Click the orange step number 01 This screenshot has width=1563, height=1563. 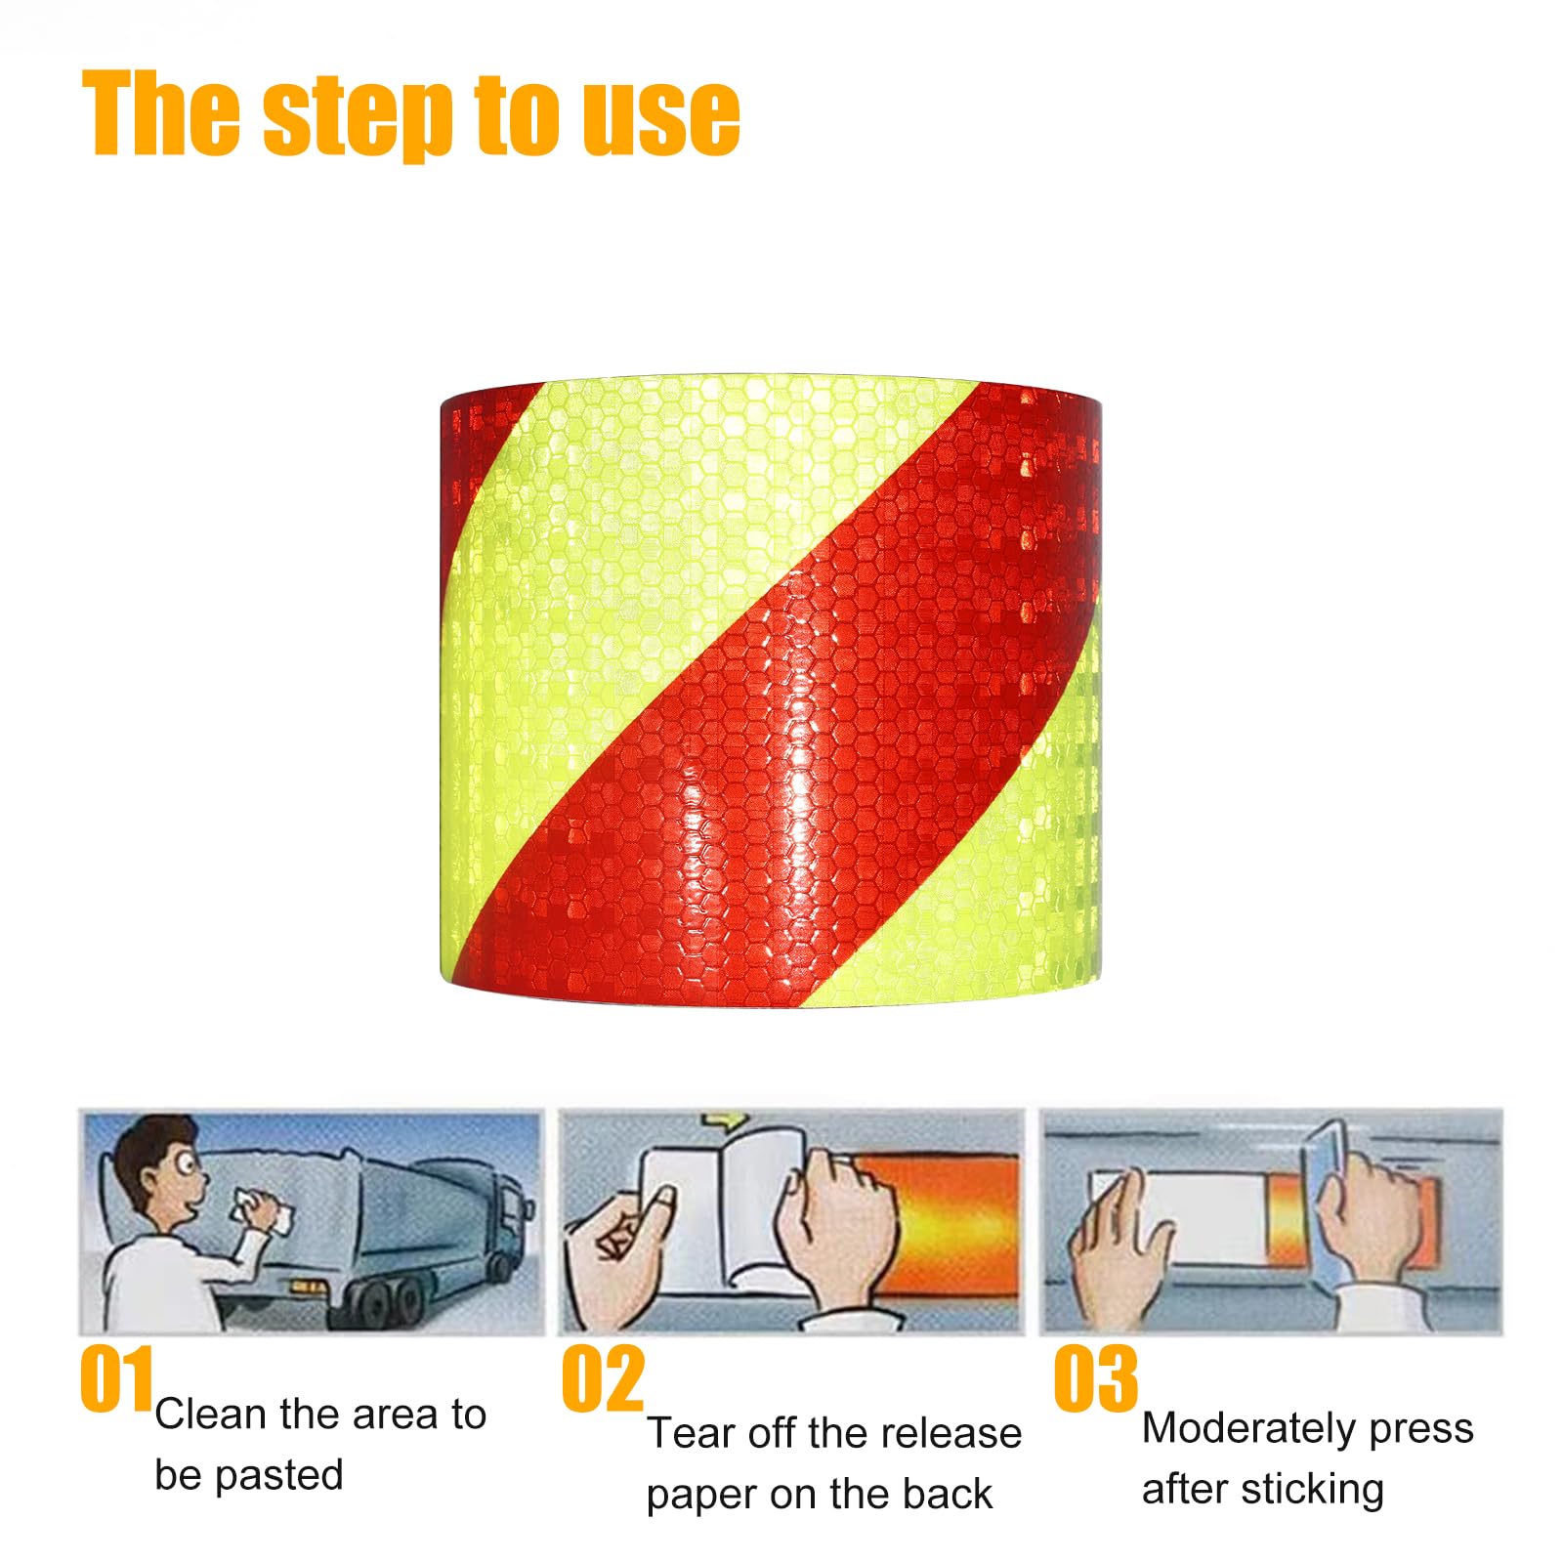click(116, 1378)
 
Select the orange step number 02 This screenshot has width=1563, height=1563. click(603, 1378)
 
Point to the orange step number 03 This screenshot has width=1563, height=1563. click(1095, 1378)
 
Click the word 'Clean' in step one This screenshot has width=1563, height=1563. click(210, 1414)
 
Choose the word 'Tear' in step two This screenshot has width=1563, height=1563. click(691, 1433)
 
